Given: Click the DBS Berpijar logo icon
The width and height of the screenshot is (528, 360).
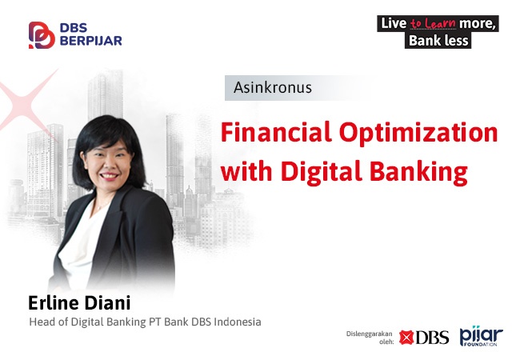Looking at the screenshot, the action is [42, 35].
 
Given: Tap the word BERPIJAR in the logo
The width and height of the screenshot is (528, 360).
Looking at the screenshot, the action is [91, 41].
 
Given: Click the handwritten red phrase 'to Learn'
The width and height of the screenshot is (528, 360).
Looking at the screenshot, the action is [433, 23].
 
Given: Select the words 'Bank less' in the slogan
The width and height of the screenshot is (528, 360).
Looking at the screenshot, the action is [438, 41].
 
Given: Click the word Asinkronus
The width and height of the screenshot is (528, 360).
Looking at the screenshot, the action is [273, 87].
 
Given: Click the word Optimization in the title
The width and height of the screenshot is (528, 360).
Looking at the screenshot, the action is [418, 134].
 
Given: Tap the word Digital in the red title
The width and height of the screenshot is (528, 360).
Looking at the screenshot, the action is [321, 172].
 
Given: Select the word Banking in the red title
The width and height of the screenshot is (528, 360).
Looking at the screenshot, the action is [418, 172].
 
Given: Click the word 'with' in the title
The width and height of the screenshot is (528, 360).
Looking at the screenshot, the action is [246, 171].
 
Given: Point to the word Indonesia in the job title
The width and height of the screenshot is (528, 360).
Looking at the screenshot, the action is [238, 322].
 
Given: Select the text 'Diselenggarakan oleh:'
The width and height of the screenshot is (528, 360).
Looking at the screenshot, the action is [370, 338].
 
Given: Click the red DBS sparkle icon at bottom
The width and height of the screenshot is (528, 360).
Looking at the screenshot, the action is [406, 338].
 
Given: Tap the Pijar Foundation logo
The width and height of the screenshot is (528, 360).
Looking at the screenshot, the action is [481, 336].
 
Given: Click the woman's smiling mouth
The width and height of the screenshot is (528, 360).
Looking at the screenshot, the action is [109, 176].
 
